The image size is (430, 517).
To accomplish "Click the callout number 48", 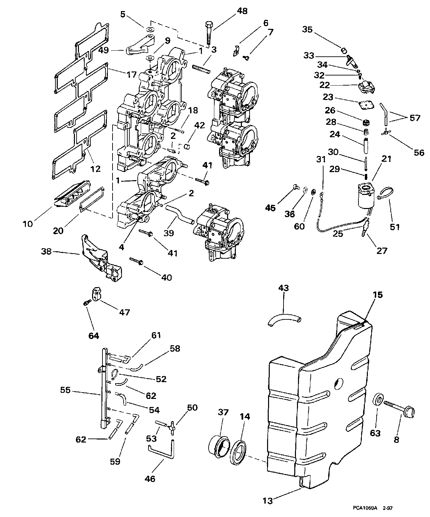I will coord(242,11).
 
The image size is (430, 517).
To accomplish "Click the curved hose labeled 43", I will coord(284,318).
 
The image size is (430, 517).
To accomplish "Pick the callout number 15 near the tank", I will coord(378,295).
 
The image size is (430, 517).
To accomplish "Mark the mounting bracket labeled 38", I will coord(96,257).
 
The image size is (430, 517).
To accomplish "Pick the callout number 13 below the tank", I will coord(268,501).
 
